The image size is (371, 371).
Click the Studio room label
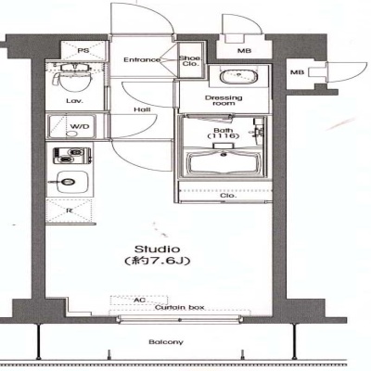click(x=158, y=249)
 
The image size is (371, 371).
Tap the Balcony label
click(x=166, y=342)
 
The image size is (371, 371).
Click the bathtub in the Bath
click(x=224, y=162)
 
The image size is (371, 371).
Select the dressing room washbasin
click(x=238, y=76)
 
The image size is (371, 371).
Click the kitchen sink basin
click(x=69, y=182)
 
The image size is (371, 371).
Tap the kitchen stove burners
click(x=72, y=156)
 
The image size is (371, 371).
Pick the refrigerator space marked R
click(x=70, y=211)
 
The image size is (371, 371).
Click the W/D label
click(x=80, y=126)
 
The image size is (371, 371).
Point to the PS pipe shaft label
click(x=83, y=50)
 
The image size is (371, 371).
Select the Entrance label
click(x=142, y=59)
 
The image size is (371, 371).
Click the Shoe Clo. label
click(x=190, y=61)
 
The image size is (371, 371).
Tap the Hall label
click(x=143, y=109)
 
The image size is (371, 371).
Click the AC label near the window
click(x=139, y=301)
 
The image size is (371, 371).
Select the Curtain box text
click(x=180, y=308)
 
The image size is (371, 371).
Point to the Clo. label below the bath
click(x=228, y=196)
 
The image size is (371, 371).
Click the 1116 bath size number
click(x=224, y=136)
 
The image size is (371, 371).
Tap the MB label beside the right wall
click(x=297, y=72)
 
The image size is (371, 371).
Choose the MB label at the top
click(x=244, y=51)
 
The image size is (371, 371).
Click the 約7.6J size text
click(x=158, y=261)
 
